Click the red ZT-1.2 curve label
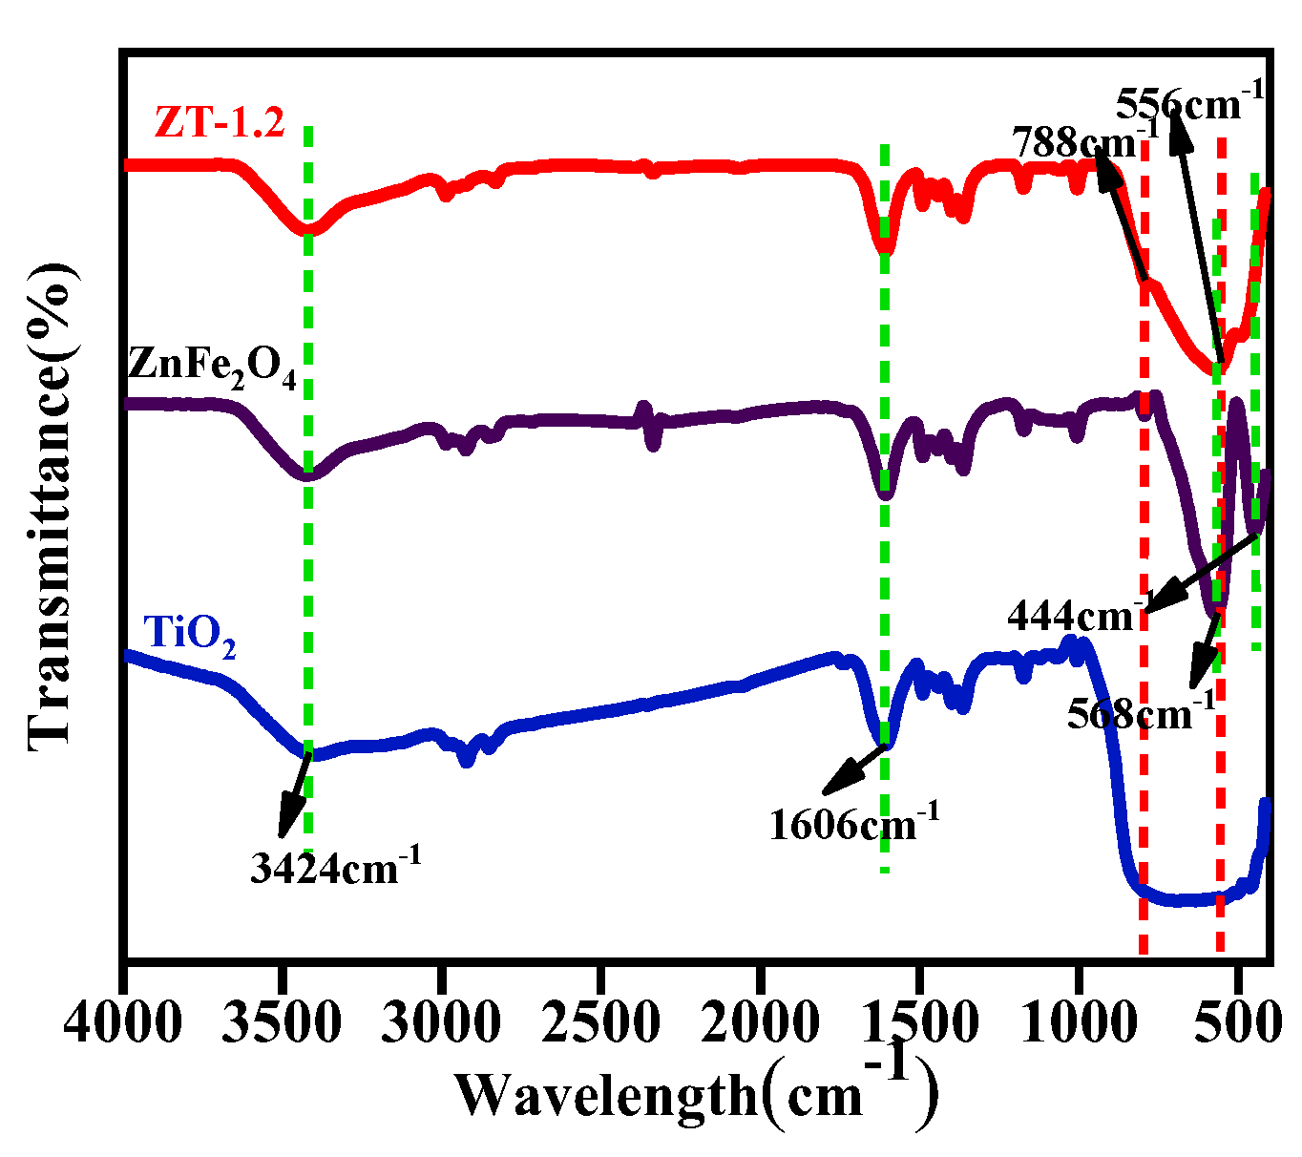click(x=220, y=123)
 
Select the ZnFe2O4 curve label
click(x=212, y=368)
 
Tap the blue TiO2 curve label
click(x=189, y=635)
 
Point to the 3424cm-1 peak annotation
click(x=335, y=867)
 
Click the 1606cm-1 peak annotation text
click(x=854, y=821)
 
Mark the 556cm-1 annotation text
click(x=1189, y=100)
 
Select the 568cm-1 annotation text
click(x=1142, y=711)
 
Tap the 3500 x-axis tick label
click(x=283, y=1024)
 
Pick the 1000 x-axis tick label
click(x=1079, y=1024)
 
